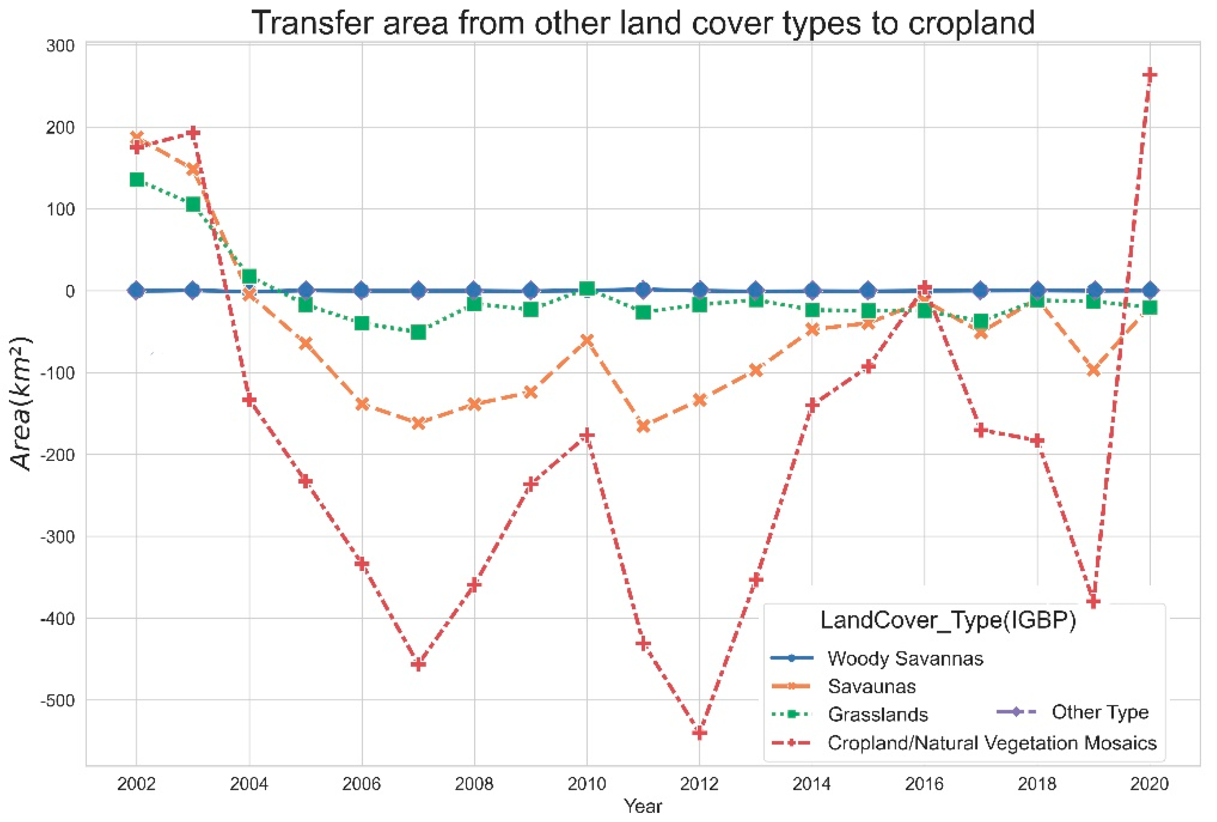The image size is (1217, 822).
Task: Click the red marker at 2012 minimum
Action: pyautogui.click(x=699, y=732)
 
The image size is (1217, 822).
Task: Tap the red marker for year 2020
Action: pyautogui.click(x=1149, y=75)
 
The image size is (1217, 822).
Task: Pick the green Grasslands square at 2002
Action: pyautogui.click(x=137, y=179)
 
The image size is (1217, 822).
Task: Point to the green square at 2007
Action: pyautogui.click(x=418, y=332)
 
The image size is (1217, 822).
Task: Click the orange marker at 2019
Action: pyautogui.click(x=1093, y=370)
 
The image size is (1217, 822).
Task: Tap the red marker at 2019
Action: pyautogui.click(x=1093, y=601)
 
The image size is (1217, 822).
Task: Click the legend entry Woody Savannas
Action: pyautogui.click(x=905, y=659)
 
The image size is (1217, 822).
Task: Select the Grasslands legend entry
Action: pyautogui.click(x=877, y=714)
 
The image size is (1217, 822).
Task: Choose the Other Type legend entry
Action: pyautogui.click(x=1100, y=712)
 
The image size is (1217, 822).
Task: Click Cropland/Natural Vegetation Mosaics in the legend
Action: pyautogui.click(x=991, y=743)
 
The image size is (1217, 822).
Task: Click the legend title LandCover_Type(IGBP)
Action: pyautogui.click(x=948, y=620)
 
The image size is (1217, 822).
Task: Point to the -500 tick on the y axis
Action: pyautogui.click(x=59, y=700)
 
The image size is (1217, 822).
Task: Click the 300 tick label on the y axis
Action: pyautogui.click(x=60, y=46)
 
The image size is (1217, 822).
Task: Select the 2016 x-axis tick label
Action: pyautogui.click(x=924, y=784)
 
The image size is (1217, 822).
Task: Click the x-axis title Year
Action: pyautogui.click(x=642, y=806)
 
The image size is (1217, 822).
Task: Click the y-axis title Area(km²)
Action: pyautogui.click(x=21, y=403)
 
